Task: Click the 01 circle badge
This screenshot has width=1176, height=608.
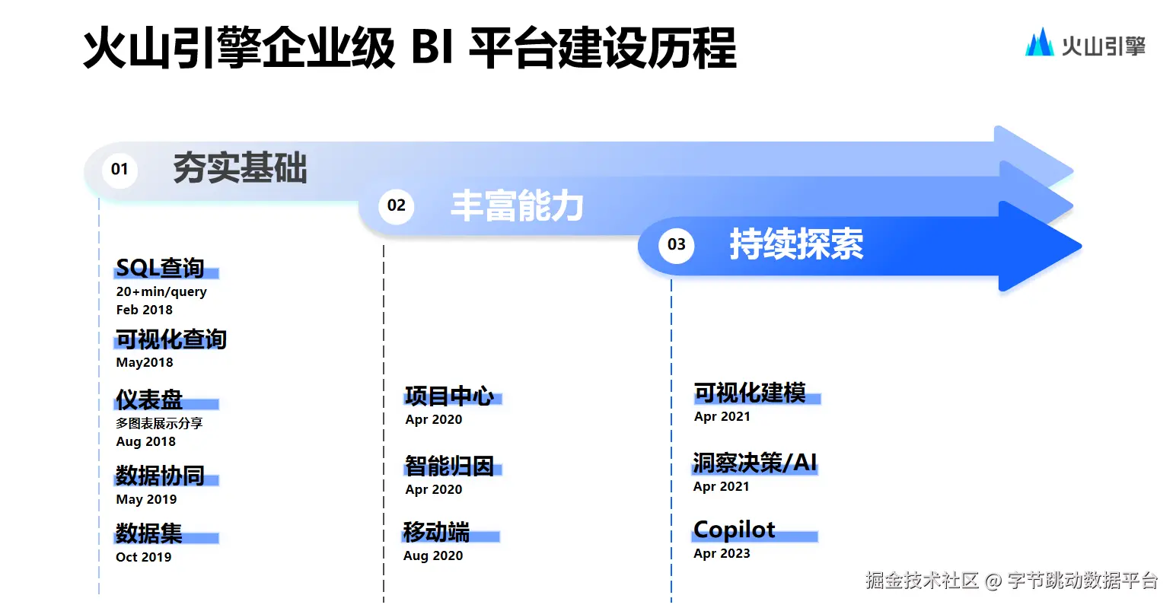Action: [120, 170]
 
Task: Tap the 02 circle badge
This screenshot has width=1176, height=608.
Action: [397, 205]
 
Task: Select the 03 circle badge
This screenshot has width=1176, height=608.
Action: [676, 245]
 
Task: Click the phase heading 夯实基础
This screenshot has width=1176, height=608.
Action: [240, 168]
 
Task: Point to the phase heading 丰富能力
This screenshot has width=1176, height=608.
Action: [517, 205]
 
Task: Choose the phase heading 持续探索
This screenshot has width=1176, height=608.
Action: [796, 244]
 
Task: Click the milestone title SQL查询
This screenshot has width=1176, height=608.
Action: [160, 268]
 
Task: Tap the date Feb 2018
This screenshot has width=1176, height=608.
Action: [145, 310]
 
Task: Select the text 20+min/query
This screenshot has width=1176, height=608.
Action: [161, 292]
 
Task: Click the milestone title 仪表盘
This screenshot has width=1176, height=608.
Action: [149, 399]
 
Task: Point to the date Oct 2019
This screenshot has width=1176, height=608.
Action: [143, 557]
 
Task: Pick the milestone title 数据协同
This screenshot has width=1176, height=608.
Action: [160, 476]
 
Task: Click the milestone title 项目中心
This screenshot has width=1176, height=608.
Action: [449, 396]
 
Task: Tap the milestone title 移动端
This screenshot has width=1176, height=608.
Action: [436, 532]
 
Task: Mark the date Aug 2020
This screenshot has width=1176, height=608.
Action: [433, 555]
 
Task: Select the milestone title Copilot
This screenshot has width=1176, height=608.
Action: [734, 530]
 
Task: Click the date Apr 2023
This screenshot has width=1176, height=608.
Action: [722, 553]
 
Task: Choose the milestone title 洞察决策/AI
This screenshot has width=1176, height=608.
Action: [755, 463]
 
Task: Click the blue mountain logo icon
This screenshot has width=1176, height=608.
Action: [1040, 42]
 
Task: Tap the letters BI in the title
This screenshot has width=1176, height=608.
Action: [432, 47]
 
